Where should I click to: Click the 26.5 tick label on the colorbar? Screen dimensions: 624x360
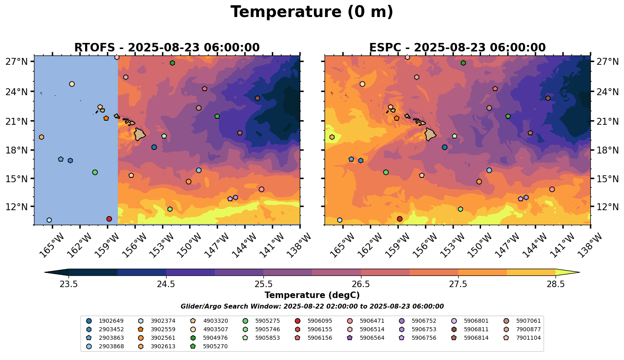click(361, 284)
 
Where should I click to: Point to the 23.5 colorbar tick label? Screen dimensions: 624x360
click(68, 284)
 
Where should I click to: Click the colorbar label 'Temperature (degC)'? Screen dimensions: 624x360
click(312, 295)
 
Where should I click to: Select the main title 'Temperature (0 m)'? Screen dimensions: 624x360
click(312, 12)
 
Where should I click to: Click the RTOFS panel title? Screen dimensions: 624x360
click(167, 47)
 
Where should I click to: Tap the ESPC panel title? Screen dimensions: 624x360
click(457, 47)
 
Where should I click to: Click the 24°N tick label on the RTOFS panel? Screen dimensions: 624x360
click(17, 92)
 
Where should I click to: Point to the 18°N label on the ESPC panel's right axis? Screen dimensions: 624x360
click(607, 150)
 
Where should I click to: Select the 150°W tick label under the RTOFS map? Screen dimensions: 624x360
click(190, 245)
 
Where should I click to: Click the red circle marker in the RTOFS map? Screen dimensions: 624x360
click(109, 219)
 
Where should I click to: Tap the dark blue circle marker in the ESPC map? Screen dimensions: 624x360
click(444, 147)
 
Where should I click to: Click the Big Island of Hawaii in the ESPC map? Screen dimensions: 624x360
click(430, 135)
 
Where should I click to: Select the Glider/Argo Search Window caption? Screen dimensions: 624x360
click(312, 307)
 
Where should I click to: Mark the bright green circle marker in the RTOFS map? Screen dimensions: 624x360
click(95, 173)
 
